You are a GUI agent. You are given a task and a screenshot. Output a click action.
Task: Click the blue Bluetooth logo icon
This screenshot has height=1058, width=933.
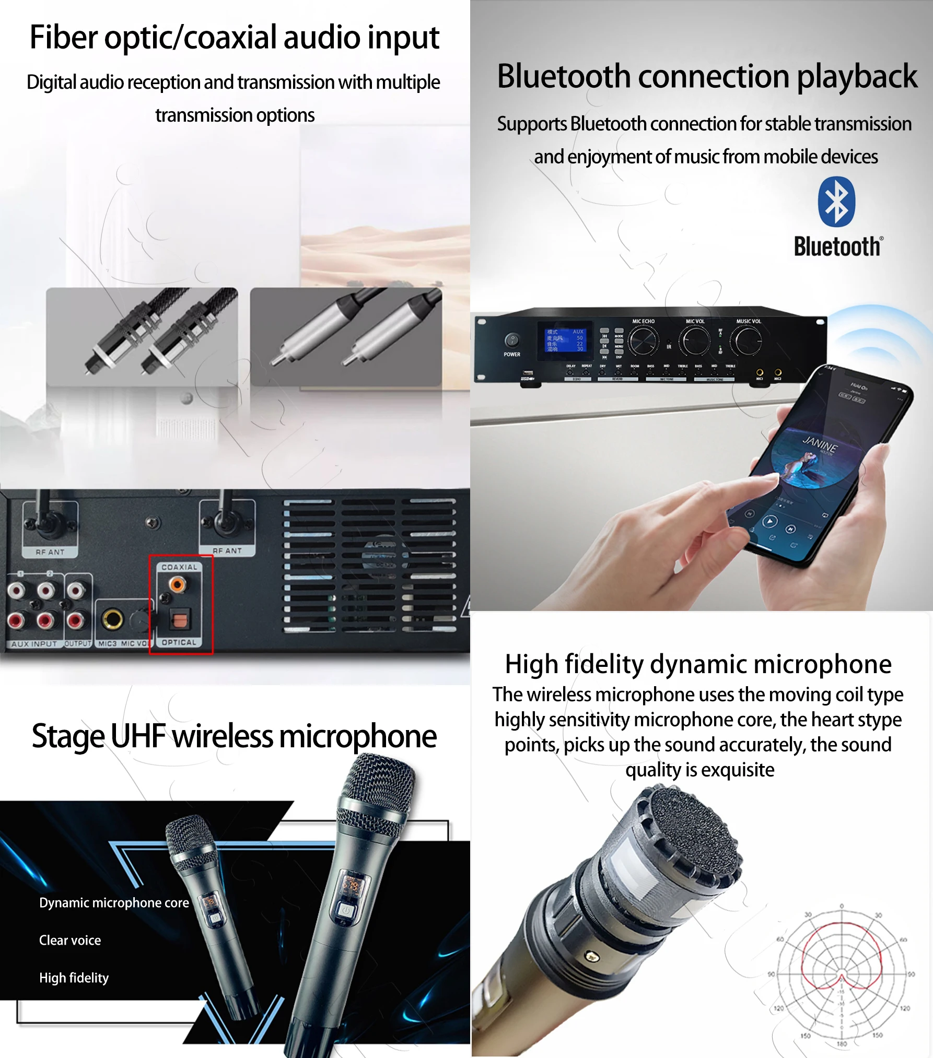click(x=836, y=202)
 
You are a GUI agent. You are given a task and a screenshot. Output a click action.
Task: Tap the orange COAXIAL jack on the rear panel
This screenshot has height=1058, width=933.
click(x=178, y=584)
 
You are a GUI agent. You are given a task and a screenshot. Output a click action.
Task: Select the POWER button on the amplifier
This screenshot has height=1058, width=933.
click(x=512, y=340)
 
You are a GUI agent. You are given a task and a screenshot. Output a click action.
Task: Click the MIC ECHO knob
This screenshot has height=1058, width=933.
click(x=643, y=341)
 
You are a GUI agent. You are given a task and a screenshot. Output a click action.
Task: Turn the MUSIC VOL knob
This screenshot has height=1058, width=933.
click(x=748, y=340)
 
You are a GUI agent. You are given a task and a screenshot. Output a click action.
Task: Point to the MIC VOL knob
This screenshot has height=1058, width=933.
click(x=694, y=341)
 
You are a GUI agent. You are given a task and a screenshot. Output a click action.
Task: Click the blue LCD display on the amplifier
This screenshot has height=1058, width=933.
click(x=565, y=340)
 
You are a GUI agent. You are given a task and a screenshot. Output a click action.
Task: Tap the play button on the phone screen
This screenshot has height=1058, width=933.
click(x=770, y=521)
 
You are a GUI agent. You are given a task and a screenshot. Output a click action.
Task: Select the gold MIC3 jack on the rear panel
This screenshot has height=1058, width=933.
click(x=112, y=619)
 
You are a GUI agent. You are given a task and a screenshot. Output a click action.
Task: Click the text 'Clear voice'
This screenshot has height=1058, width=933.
click(x=70, y=941)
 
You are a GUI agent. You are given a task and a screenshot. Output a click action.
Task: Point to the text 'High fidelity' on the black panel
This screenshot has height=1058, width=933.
click(x=74, y=978)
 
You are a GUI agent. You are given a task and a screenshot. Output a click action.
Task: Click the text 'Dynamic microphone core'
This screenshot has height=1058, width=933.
click(x=114, y=903)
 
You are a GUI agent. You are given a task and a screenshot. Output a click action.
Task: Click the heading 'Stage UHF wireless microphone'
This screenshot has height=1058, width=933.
click(x=234, y=736)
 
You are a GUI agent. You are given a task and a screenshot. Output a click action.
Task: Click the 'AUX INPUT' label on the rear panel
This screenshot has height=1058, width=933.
click(x=34, y=644)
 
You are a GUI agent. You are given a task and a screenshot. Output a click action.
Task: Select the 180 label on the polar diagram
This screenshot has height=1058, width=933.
click(x=842, y=1044)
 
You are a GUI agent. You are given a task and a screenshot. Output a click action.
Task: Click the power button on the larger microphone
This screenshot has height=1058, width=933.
click(x=346, y=910)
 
